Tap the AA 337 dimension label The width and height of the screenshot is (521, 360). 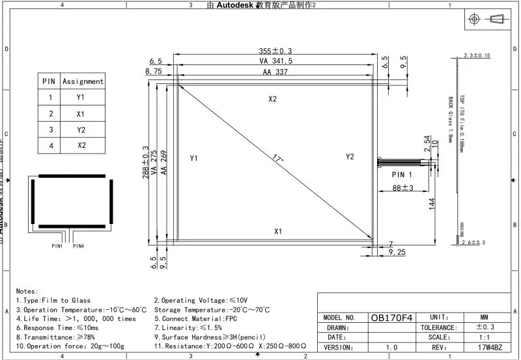(x=275, y=73)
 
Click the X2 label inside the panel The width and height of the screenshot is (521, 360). (x=272, y=99)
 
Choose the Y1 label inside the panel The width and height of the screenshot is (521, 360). (x=193, y=158)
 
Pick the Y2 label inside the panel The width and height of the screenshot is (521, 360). (x=350, y=157)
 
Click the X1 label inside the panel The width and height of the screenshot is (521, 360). (x=278, y=231)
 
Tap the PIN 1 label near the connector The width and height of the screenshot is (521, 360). (x=402, y=174)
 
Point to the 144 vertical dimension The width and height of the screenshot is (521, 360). (x=431, y=204)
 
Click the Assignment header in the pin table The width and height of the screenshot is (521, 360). (x=83, y=81)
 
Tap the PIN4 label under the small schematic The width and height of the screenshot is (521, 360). (x=78, y=246)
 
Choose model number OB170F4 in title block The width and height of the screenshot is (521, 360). (x=391, y=318)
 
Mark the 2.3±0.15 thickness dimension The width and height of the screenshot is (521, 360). (x=477, y=56)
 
